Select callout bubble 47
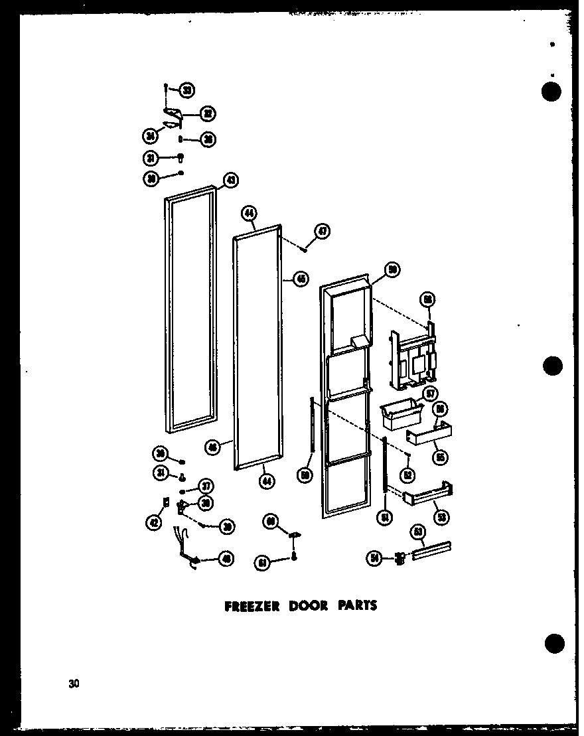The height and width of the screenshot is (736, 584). pyautogui.click(x=323, y=232)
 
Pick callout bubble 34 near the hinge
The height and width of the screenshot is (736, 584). pyautogui.click(x=150, y=137)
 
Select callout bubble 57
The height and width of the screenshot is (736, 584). pyautogui.click(x=430, y=394)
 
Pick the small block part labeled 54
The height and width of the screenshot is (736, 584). pyautogui.click(x=399, y=559)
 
